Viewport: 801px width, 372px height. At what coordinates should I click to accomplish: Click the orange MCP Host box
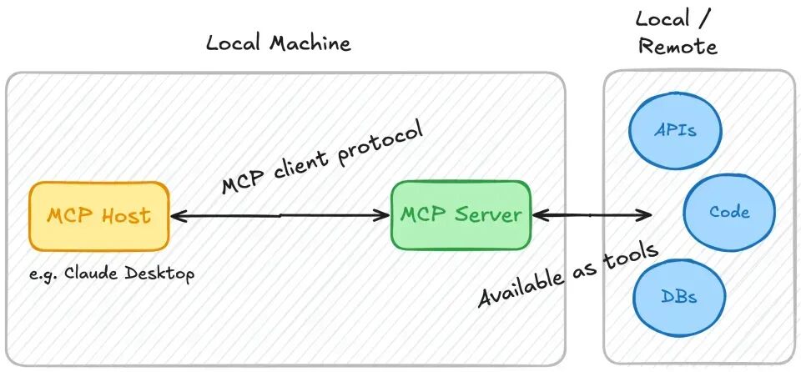[98, 215]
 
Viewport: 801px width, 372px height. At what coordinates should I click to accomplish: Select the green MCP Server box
[461, 214]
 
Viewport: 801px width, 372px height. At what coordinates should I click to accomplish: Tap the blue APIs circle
[675, 131]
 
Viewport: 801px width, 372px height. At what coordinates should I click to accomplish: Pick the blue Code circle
[728, 212]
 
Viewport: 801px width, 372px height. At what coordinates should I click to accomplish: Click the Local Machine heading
[278, 43]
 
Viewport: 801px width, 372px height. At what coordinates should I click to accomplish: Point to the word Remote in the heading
[678, 46]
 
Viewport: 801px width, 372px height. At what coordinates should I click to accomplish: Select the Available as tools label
[568, 275]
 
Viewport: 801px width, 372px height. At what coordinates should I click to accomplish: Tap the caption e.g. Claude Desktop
[111, 274]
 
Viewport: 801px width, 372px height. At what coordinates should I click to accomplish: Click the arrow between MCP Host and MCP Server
[280, 215]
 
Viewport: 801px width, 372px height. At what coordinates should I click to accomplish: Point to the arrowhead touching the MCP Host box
[176, 215]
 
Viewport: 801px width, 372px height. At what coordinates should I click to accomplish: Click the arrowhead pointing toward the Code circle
[643, 215]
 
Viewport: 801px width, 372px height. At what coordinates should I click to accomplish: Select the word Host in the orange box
[126, 215]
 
